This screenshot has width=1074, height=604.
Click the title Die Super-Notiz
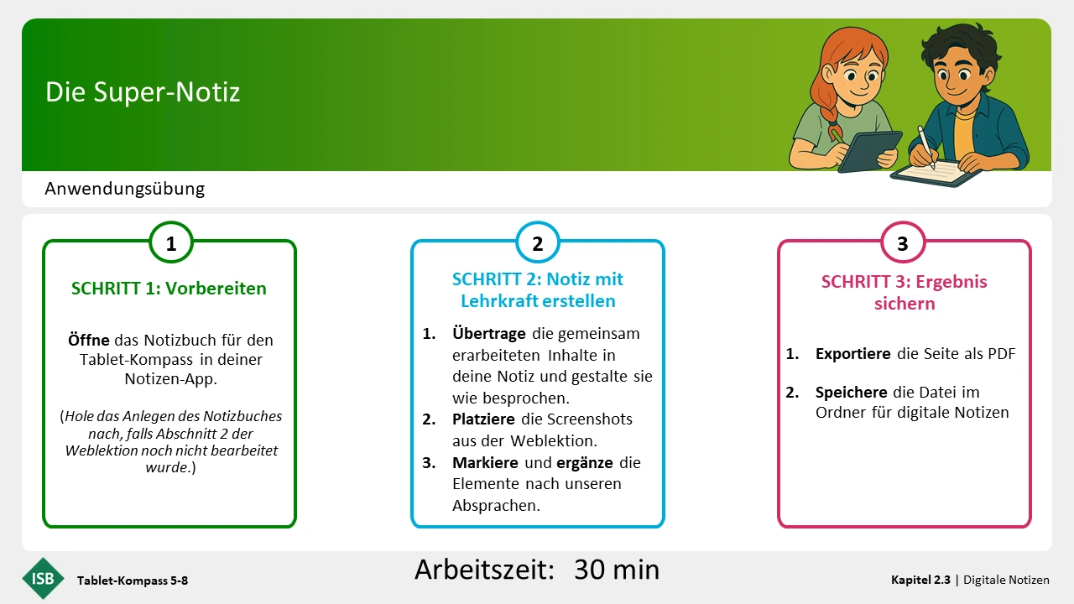pyautogui.click(x=143, y=92)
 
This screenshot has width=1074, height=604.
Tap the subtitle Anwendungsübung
pyautogui.click(x=125, y=189)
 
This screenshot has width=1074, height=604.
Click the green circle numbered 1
pyautogui.click(x=171, y=242)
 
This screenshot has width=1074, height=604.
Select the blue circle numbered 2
pyautogui.click(x=538, y=242)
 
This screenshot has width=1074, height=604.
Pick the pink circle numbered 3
pyautogui.click(x=903, y=242)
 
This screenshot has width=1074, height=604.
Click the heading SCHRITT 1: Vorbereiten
pyautogui.click(x=169, y=289)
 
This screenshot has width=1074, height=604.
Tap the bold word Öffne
pyautogui.click(x=89, y=340)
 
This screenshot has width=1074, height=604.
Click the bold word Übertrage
pyautogui.click(x=488, y=334)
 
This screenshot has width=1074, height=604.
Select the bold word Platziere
pyautogui.click(x=483, y=419)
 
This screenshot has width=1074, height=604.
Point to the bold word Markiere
pyautogui.click(x=485, y=462)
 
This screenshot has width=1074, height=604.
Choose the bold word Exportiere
pyautogui.click(x=853, y=354)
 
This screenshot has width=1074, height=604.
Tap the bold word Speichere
pyautogui.click(x=851, y=393)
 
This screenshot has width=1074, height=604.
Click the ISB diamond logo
pyautogui.click(x=43, y=579)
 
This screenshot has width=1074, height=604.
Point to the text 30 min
pyautogui.click(x=617, y=570)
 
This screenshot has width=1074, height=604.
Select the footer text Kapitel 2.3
pyautogui.click(x=920, y=580)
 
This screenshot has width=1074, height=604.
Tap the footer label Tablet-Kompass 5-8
pyautogui.click(x=133, y=581)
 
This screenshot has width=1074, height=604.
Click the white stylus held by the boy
pyautogui.click(x=926, y=148)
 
